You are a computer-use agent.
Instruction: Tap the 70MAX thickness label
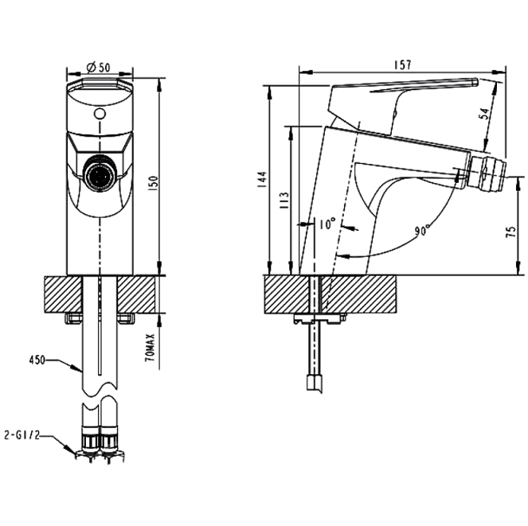pyautogui.click(x=151, y=348)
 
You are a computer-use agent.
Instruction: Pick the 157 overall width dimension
pyautogui.click(x=403, y=66)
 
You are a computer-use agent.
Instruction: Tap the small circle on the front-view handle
pyautogui.click(x=99, y=114)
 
